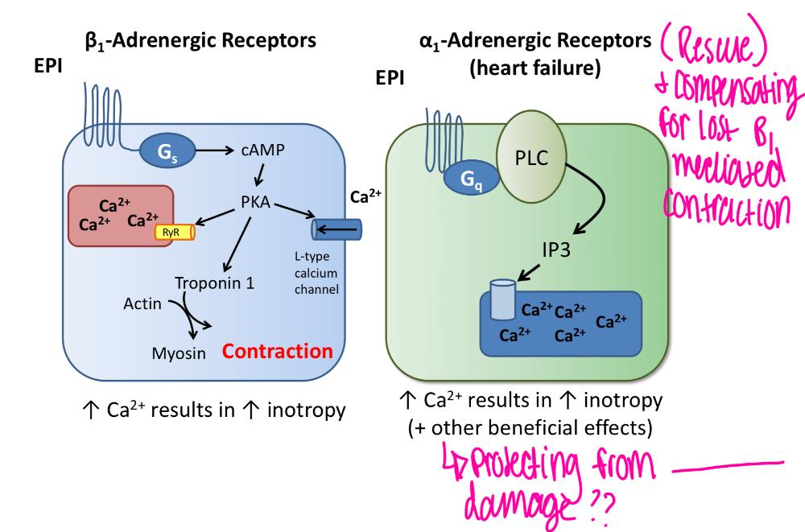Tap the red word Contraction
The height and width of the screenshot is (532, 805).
(277, 352)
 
